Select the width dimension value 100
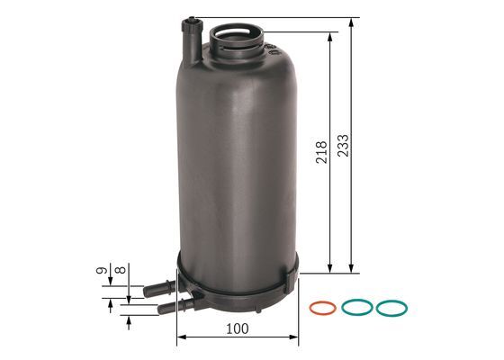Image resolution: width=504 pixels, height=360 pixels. [x=237, y=329]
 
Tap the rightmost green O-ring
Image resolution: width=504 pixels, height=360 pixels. [x=391, y=308]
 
